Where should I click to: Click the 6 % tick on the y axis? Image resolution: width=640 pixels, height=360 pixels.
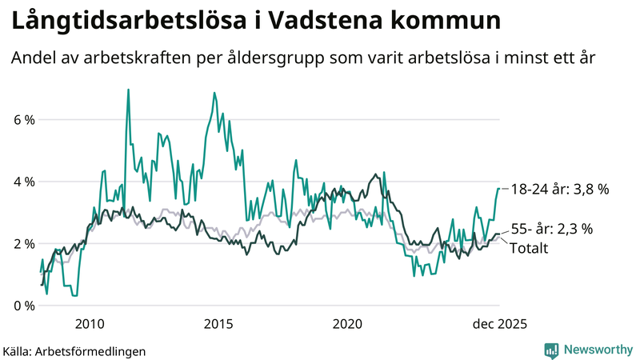coord(23,120)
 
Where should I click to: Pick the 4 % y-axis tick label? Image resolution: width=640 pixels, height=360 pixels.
coord(23,182)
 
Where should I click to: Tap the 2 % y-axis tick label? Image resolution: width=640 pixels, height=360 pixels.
coord(23,243)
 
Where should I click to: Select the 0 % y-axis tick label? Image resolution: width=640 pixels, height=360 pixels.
coord(23,306)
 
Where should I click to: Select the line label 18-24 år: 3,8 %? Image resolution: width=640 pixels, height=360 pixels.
coord(559,189)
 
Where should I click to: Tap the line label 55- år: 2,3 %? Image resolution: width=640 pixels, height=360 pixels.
coord(551,229)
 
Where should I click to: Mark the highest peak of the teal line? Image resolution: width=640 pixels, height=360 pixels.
coord(128,90)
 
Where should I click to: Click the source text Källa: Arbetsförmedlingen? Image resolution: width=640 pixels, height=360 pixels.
coord(62,350)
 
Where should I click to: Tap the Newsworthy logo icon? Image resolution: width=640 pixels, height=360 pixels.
coord(551,350)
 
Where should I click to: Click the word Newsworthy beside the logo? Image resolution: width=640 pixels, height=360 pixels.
coord(597,350)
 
